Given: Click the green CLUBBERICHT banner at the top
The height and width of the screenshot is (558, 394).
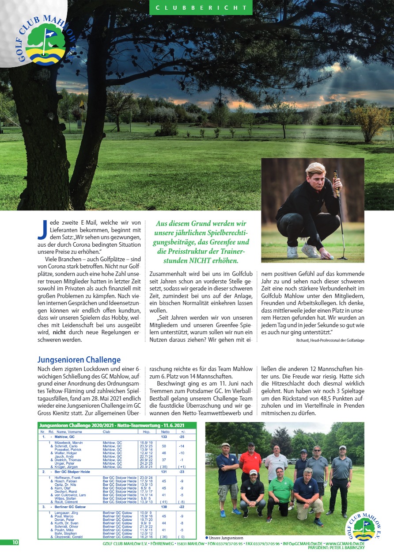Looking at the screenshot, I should (x=201, y=8).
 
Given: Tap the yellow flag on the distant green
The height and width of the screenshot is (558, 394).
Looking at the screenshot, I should (x=82, y=104).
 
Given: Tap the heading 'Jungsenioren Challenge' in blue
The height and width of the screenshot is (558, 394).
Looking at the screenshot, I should (x=79, y=360).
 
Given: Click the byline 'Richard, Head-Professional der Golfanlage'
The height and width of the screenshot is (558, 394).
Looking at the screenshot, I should (x=330, y=340).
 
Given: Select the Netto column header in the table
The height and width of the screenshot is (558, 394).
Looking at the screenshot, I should (x=165, y=431).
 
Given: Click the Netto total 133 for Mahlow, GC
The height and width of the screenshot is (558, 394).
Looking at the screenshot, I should (x=164, y=436).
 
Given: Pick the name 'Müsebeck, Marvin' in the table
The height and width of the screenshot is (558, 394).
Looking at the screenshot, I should (x=68, y=442).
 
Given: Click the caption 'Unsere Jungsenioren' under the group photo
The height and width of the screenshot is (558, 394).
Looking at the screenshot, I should (x=225, y=537).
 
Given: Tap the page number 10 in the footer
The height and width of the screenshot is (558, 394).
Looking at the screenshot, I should (x=15, y=543).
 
